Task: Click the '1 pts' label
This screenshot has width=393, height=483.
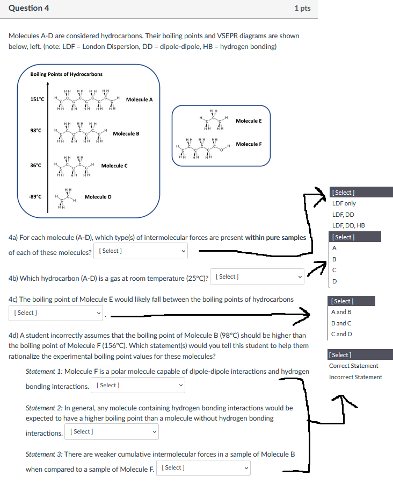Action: pyautogui.click(x=302, y=9)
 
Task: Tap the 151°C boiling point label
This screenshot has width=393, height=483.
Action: pyautogui.click(x=38, y=100)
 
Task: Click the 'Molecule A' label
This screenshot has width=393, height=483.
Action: pyautogui.click(x=139, y=100)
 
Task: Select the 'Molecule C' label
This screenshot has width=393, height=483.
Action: pyautogui.click(x=114, y=166)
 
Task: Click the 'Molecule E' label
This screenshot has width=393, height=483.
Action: pyautogui.click(x=249, y=121)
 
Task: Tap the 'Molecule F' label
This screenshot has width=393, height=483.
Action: pyautogui.click(x=249, y=144)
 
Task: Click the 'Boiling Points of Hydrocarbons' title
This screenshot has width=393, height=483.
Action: pyautogui.click(x=67, y=74)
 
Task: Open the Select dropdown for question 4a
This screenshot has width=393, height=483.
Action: pyautogui.click(x=141, y=251)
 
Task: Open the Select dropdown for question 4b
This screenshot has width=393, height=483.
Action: pyautogui.click(x=258, y=277)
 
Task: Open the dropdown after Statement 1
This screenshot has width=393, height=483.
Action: pyautogui.click(x=139, y=386)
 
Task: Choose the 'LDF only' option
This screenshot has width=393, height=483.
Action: pyautogui.click(x=344, y=203)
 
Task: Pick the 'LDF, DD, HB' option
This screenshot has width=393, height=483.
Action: pyautogui.click(x=348, y=226)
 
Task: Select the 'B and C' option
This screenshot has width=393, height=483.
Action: pyautogui.click(x=341, y=323)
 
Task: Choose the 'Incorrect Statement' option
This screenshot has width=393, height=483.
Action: pyautogui.click(x=355, y=377)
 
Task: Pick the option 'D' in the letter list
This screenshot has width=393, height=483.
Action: pyautogui.click(x=335, y=281)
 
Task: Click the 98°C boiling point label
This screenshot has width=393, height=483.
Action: pyautogui.click(x=37, y=131)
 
